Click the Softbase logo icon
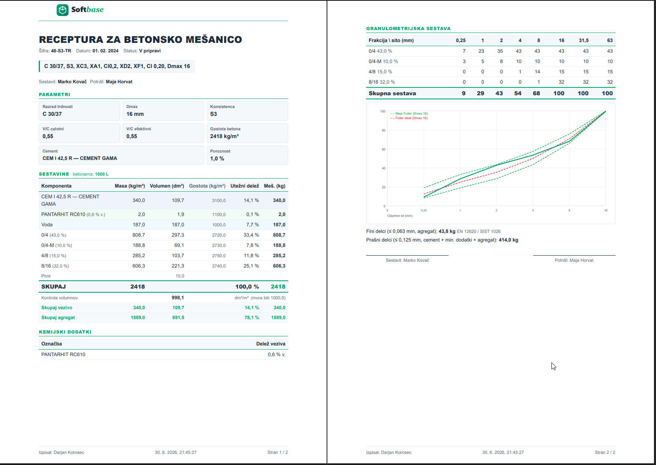[x=62, y=10]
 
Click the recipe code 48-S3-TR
[x=61, y=51]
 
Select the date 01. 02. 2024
[x=105, y=51]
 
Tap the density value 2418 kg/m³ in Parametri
[x=224, y=136]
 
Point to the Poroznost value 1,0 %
[x=217, y=159]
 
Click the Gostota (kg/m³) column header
[x=207, y=186]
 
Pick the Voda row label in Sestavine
[x=47, y=225]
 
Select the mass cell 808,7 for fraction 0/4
[x=138, y=235]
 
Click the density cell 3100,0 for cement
[x=219, y=200]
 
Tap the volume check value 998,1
[x=178, y=298]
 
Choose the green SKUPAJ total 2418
[x=278, y=287]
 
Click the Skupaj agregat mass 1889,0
[x=138, y=317]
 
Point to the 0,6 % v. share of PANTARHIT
[x=276, y=355]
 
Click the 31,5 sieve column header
[x=584, y=40]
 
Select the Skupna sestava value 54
[x=518, y=93]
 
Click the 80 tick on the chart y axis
[x=384, y=130]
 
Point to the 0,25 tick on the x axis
[x=424, y=211]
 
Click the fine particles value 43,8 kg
[x=447, y=231]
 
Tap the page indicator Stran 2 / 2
[x=605, y=452]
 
